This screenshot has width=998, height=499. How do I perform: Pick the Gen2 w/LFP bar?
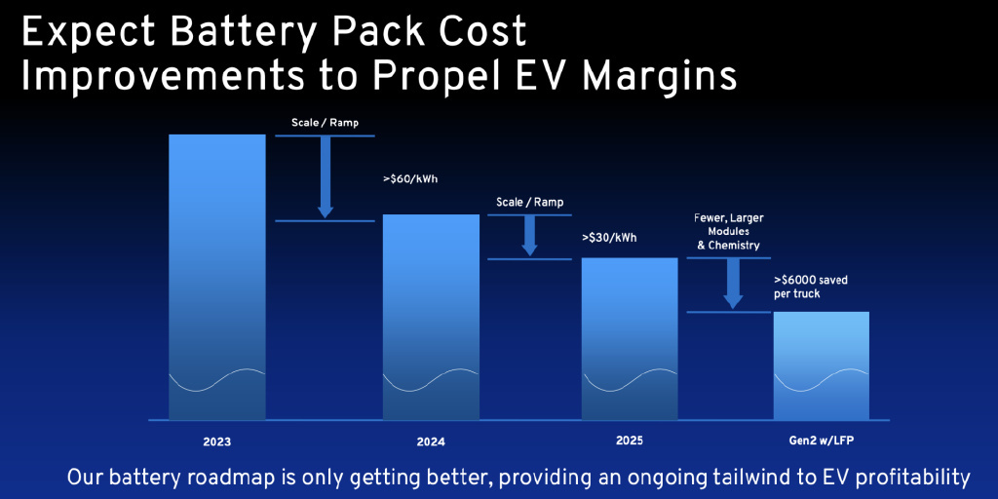(x=821, y=365)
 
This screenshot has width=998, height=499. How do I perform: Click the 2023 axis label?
(x=217, y=441)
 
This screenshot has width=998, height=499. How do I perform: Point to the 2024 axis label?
(x=430, y=441)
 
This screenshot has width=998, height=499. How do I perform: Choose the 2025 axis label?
(x=630, y=441)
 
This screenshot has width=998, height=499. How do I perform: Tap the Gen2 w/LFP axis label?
(x=821, y=441)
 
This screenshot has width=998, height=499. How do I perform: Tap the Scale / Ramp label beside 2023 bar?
(x=325, y=123)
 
